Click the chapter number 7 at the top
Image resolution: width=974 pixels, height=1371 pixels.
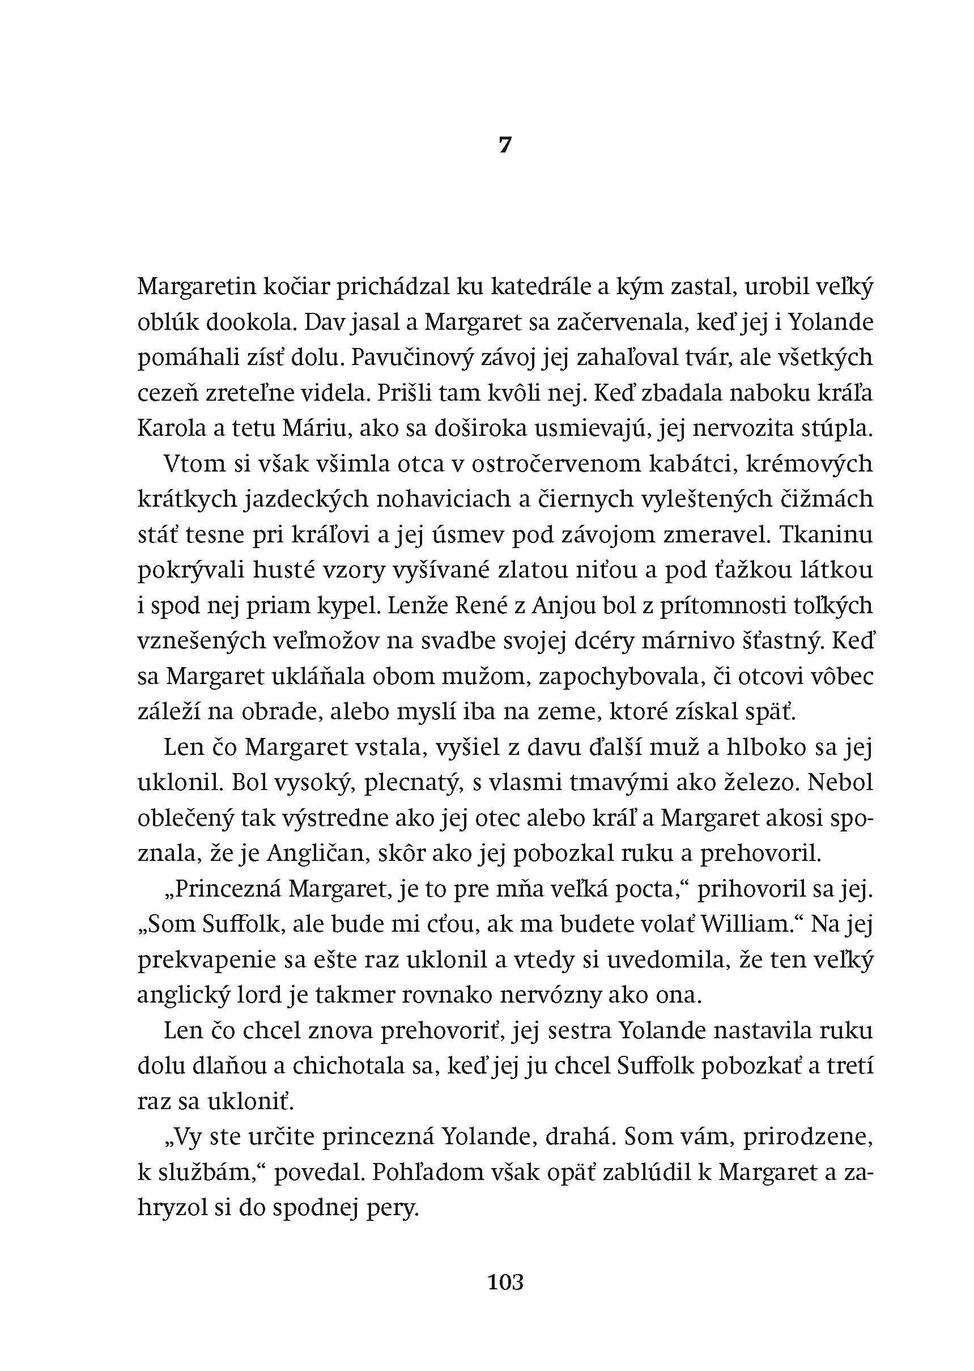pos(505,145)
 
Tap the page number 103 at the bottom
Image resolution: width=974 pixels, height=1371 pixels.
pos(505,1281)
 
